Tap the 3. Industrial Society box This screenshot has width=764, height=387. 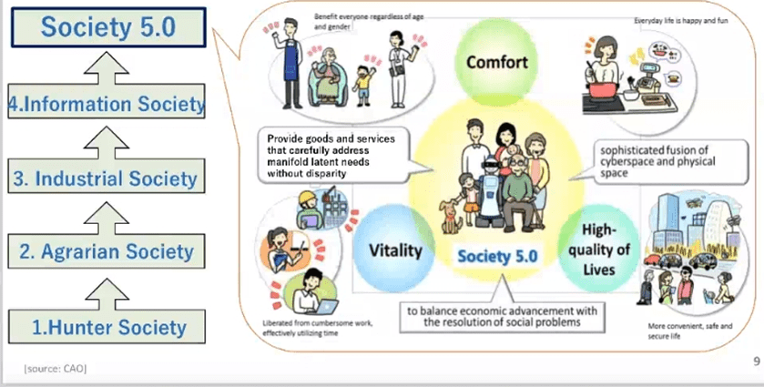(x=107, y=178)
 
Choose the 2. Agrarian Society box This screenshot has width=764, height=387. (x=107, y=250)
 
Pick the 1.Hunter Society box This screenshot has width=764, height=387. (x=107, y=326)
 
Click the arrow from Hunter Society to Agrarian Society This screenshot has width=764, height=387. (x=107, y=289)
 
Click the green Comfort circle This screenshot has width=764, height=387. (x=498, y=63)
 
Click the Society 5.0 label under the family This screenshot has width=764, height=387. (x=497, y=256)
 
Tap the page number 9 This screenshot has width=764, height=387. (x=757, y=362)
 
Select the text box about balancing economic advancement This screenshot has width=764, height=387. (x=494, y=316)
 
